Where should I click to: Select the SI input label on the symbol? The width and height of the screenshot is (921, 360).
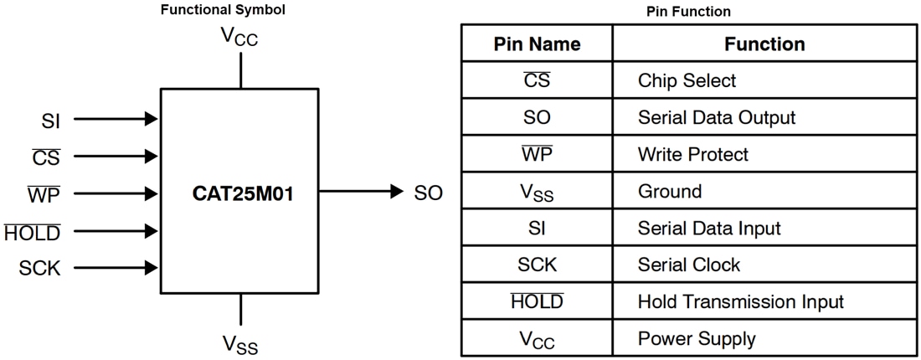tap(50, 120)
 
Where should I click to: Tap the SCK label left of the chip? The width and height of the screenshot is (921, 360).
tap(39, 268)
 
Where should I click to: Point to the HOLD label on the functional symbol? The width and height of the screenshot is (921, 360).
tap(32, 232)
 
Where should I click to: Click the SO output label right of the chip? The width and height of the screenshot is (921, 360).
tap(428, 193)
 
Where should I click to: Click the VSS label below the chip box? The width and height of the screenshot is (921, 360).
tap(241, 344)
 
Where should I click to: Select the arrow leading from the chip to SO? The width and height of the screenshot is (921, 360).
tap(360, 192)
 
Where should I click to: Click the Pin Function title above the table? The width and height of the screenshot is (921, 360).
tap(688, 11)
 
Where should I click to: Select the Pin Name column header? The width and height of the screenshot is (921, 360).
tap(537, 44)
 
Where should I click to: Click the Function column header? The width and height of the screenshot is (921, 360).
tap(764, 44)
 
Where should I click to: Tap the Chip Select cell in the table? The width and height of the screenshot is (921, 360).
tap(687, 80)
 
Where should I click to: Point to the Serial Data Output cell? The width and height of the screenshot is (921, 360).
tap(716, 117)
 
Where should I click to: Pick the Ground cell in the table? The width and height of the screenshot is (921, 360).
tap(670, 191)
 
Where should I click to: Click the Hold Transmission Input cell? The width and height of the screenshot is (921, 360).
tap(740, 301)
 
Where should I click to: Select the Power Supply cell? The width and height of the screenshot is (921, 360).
tap(696, 338)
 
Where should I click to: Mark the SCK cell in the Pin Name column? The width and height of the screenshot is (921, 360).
tap(537, 265)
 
